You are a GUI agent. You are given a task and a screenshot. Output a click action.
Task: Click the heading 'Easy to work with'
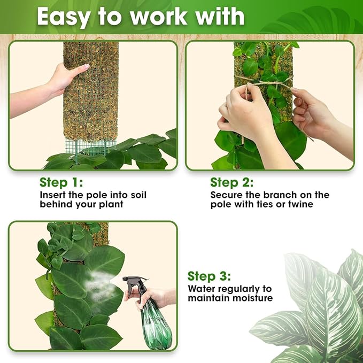tap(140, 17)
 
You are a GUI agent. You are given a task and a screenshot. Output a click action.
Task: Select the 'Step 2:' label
tap(232, 182)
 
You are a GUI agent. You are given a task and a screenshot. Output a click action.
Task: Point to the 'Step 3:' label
tap(209, 276)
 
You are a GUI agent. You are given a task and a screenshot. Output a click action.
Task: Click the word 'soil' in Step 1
tap(136, 195)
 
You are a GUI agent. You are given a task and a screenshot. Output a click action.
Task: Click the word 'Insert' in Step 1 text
tap(53, 195)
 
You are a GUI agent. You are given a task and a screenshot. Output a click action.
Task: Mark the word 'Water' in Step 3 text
tap(202, 289)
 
